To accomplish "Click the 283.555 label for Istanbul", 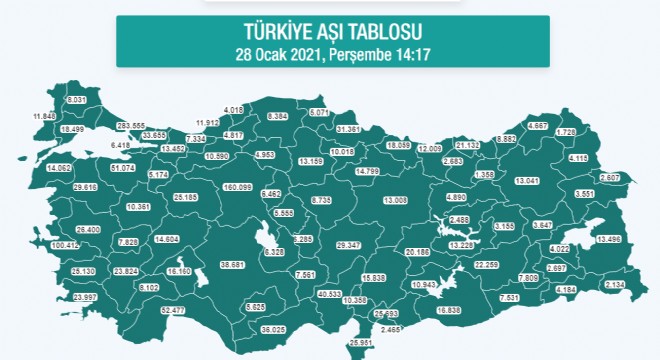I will click(131, 126).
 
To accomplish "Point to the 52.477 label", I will click(173, 309).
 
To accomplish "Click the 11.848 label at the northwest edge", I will click(44, 117).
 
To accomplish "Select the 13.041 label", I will click(526, 181).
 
